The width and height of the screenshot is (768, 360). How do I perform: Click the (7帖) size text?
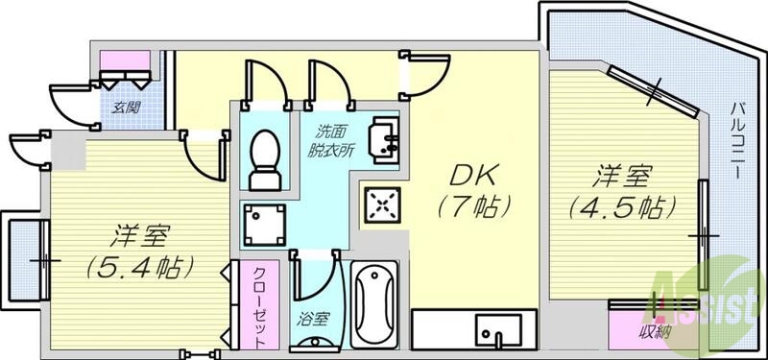click(471, 205)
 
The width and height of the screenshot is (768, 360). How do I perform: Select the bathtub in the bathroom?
click(374, 303)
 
